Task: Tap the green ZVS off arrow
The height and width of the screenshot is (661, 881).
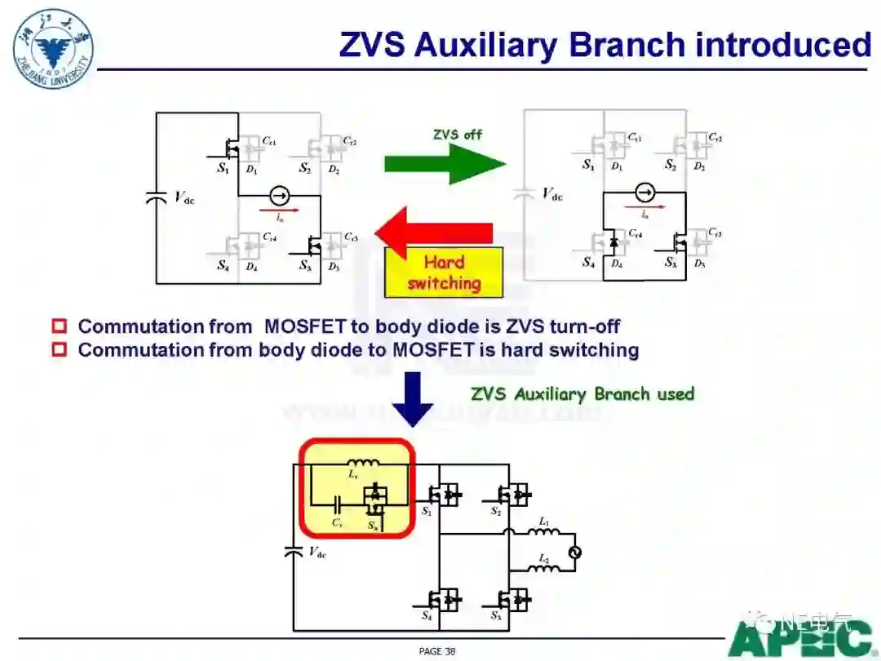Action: click(x=445, y=162)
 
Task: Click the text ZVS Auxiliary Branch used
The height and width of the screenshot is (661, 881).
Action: click(x=582, y=394)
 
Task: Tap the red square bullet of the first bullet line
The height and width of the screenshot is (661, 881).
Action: click(x=60, y=326)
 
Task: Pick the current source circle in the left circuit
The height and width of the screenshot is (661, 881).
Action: click(x=279, y=196)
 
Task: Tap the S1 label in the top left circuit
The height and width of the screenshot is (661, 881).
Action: click(x=223, y=169)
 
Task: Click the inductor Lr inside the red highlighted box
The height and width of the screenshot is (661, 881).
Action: click(x=363, y=464)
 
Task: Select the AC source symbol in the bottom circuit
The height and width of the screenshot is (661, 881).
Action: click(x=573, y=552)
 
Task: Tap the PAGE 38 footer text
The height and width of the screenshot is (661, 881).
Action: click(x=437, y=650)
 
